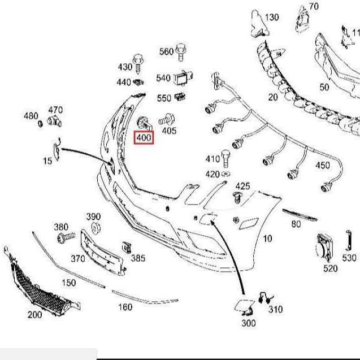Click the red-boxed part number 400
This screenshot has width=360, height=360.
[x=143, y=137]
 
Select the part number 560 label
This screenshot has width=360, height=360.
[x=166, y=51]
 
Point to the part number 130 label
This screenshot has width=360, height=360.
[x=272, y=18]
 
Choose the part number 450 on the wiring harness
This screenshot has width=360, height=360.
[x=322, y=165]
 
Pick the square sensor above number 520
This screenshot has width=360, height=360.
[x=324, y=246]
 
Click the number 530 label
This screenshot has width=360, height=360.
[x=349, y=258]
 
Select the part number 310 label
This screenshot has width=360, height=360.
[x=275, y=309]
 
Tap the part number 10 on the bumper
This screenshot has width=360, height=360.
[x=267, y=238]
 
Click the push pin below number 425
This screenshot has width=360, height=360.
[x=238, y=198]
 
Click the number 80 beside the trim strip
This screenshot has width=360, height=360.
[x=296, y=224]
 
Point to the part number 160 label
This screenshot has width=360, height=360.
[x=125, y=307]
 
